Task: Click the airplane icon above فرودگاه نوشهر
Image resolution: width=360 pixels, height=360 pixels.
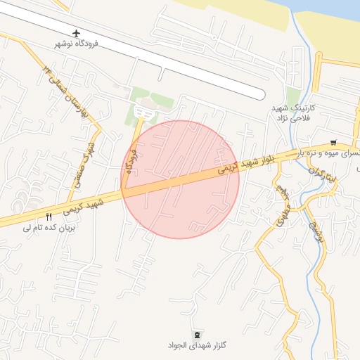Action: [76, 33]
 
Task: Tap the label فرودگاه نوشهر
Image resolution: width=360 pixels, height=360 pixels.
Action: [76, 44]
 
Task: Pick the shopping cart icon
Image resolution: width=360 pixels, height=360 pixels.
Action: [333, 141]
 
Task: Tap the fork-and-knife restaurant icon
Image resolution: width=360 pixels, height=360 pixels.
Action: [49, 217]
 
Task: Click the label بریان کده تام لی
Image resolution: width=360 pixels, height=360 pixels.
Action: [49, 227]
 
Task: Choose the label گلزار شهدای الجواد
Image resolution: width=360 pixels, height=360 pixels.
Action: [196, 345]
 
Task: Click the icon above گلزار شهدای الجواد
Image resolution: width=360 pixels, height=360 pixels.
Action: [196, 333]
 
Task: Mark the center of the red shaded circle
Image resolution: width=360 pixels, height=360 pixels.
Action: [181, 179]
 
